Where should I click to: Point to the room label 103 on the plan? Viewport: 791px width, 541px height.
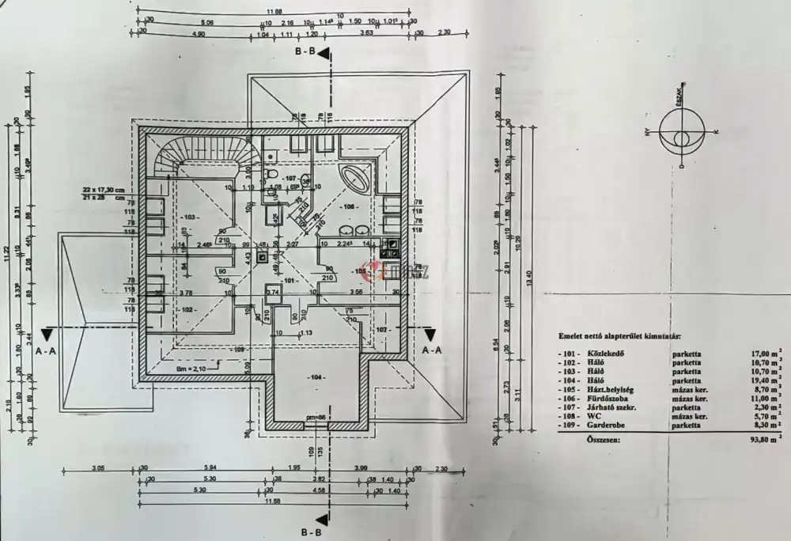click(x=188, y=216)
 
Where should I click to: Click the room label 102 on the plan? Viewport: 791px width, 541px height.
click(x=187, y=310)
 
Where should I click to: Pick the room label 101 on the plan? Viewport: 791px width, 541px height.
click(x=289, y=280)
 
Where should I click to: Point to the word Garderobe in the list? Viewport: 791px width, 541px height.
click(x=603, y=426)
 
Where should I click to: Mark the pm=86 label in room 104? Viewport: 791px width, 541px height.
click(x=316, y=417)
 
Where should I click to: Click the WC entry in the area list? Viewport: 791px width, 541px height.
click(x=592, y=415)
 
